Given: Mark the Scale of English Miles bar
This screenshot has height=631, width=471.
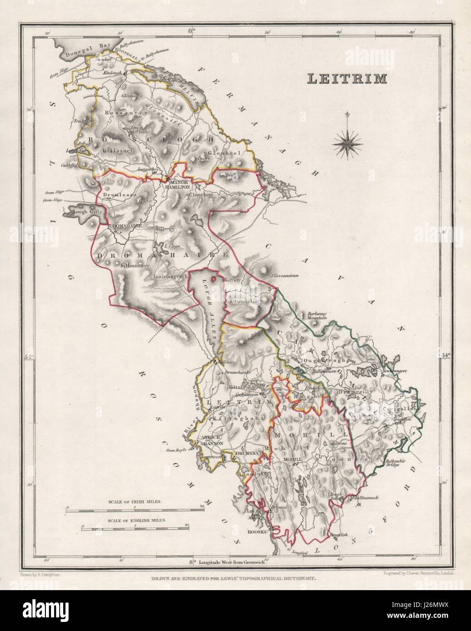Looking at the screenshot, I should tap(134, 528).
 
